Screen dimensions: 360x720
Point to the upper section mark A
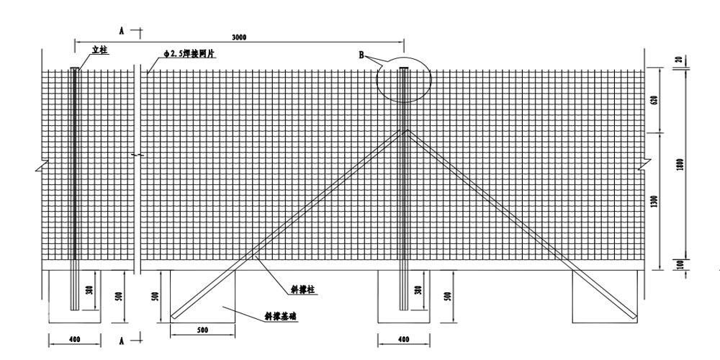(x=122, y=31)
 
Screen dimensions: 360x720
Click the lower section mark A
(x=122, y=338)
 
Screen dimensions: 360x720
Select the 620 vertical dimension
(x=654, y=101)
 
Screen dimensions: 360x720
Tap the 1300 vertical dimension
(x=654, y=202)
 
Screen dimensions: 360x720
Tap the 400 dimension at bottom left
(x=73, y=339)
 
